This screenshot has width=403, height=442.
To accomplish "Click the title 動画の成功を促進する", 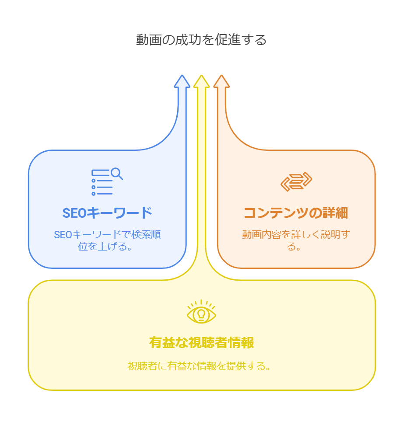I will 201,40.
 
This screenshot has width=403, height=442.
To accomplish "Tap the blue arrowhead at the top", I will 182,82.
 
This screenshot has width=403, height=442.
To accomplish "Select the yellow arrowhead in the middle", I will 202,82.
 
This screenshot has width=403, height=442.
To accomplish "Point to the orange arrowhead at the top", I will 221,82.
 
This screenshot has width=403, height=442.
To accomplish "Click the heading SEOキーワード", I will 107,213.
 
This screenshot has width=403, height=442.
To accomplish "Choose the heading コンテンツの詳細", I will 296,213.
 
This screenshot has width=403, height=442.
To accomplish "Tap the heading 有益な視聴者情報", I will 201,342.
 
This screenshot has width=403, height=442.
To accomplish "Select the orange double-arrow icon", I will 296,181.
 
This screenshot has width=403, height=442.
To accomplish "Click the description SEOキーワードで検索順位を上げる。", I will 107,240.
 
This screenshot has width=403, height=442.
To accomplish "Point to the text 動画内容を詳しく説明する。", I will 296,240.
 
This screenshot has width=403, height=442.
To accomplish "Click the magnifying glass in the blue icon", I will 116,174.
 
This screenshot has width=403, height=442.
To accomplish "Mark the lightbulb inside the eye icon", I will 201,314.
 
